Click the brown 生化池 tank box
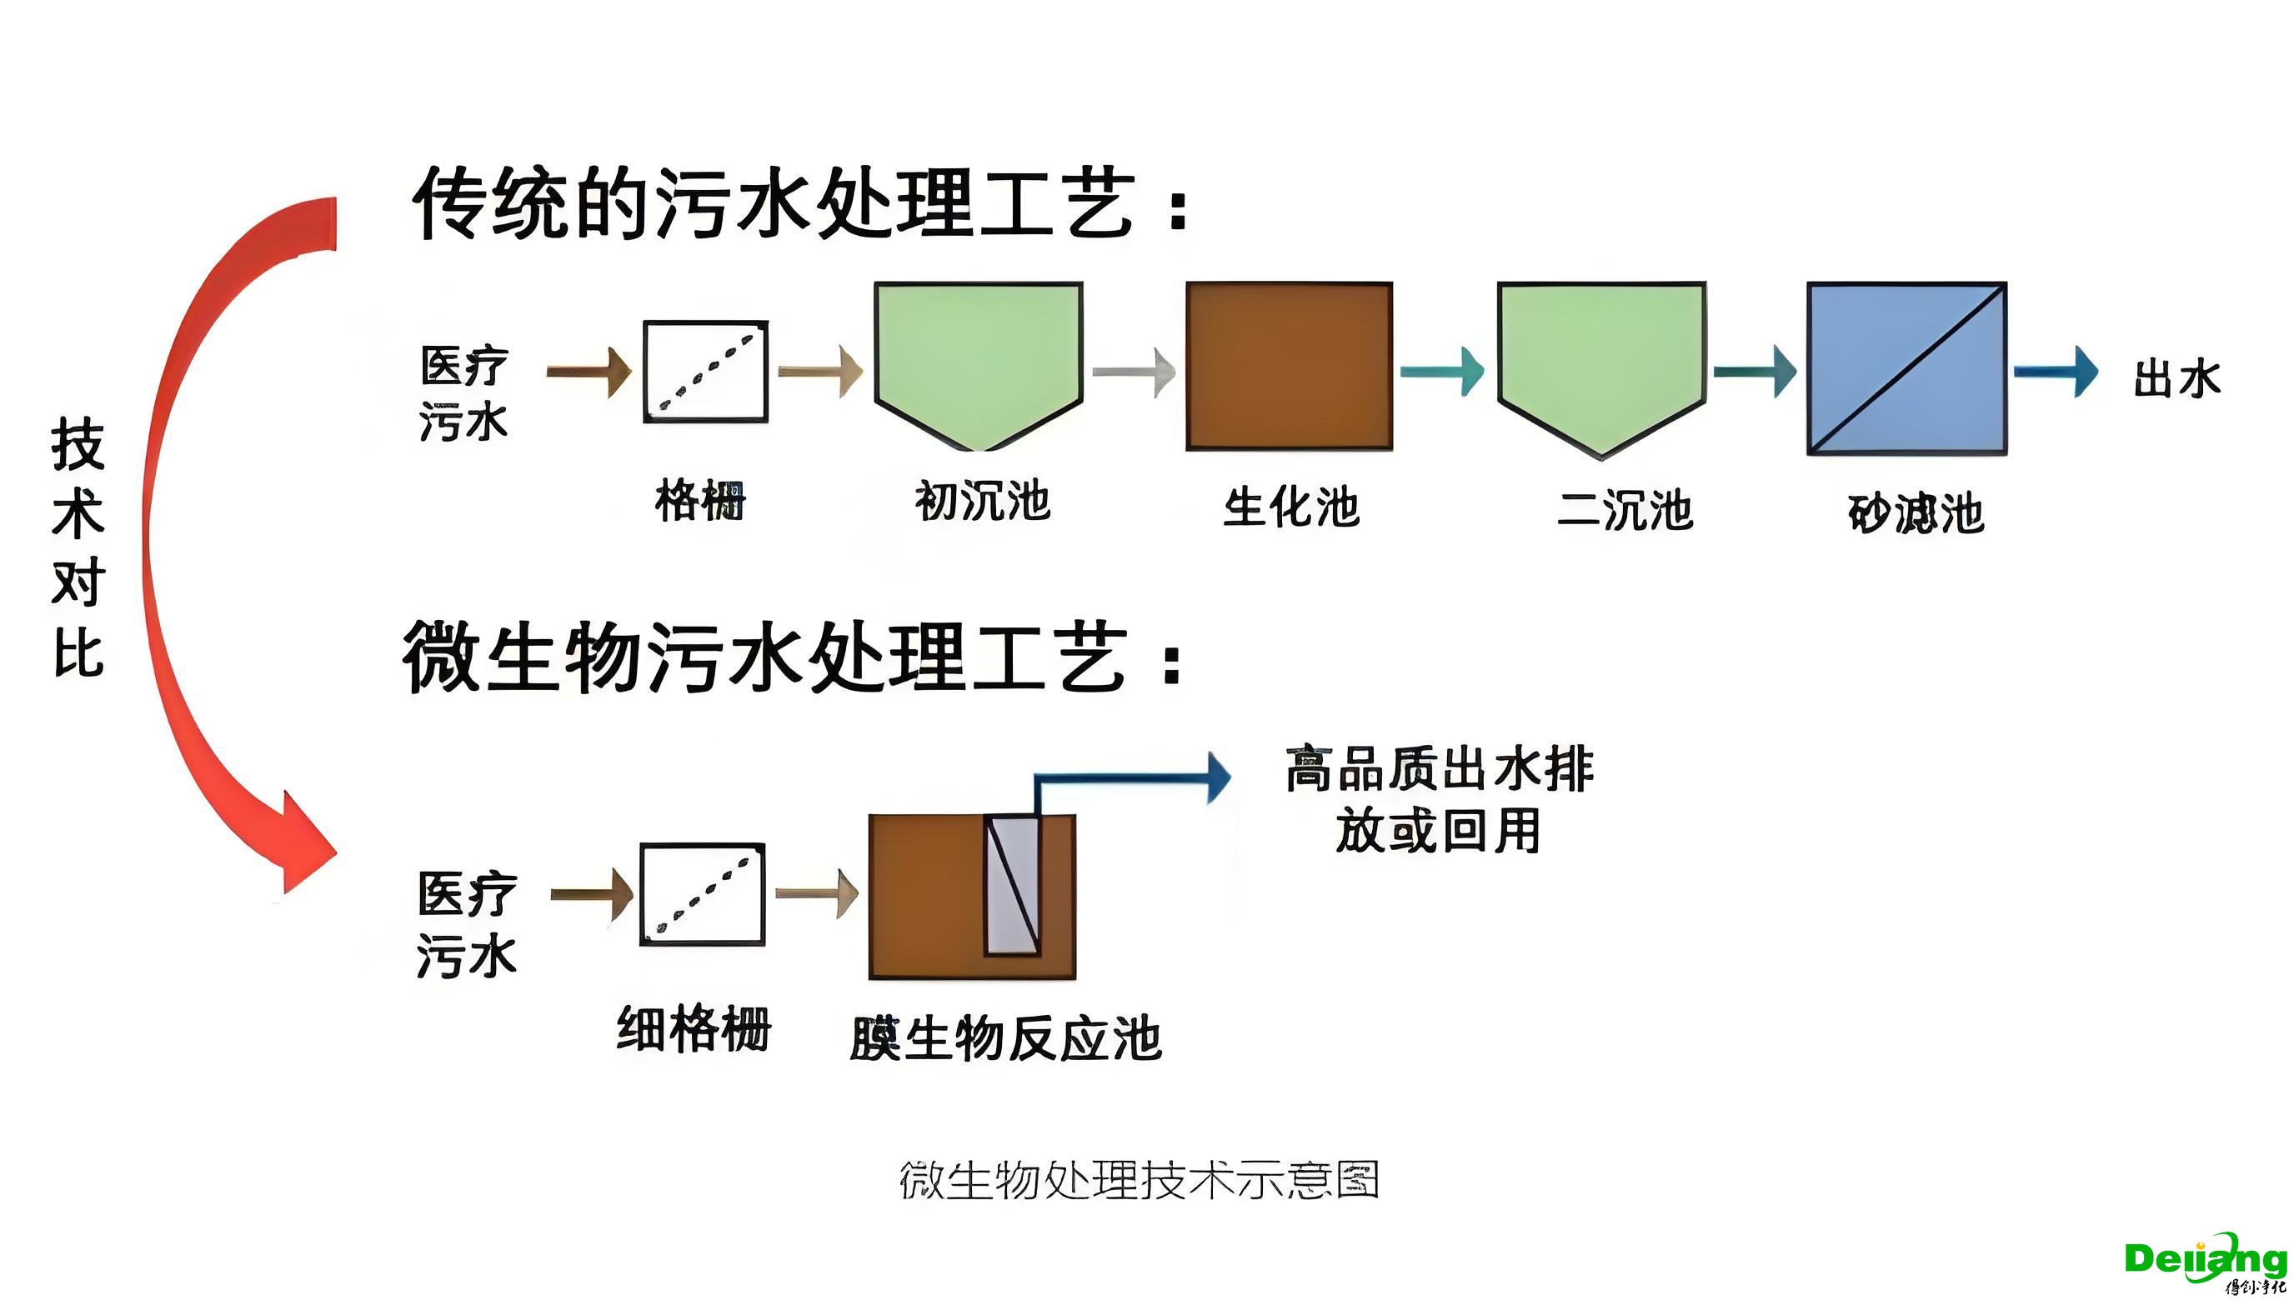coord(1289,366)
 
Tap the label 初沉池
coord(981,501)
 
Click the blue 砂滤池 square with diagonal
coord(1906,368)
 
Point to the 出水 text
coord(2176,378)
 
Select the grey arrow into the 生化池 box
coord(1133,371)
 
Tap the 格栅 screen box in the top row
coord(705,372)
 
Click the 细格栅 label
coord(694,1028)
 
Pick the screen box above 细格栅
coord(703,893)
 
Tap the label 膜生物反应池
coord(1005,1039)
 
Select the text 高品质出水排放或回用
coord(1438,799)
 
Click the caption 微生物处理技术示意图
coord(1139,1180)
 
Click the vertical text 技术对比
coord(78,547)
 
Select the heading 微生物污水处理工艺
coord(790,658)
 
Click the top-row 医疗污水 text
coord(463,393)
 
